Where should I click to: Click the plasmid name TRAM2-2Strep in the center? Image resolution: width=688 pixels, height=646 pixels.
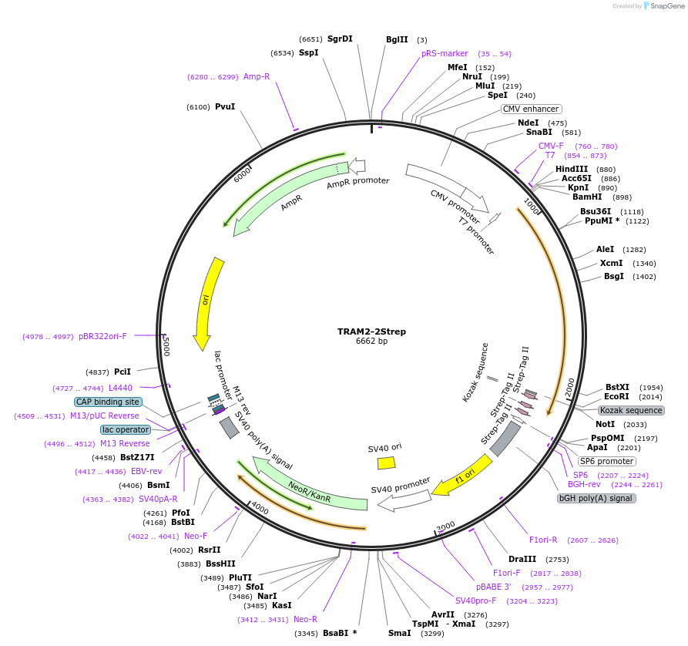pos(371,331)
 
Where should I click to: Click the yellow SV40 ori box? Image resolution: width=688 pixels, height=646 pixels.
pos(386,463)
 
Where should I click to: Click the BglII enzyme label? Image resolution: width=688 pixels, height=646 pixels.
pos(397,39)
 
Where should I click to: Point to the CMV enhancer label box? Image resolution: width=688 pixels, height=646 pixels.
pos(531,109)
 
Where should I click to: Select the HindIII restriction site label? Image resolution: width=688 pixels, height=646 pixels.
pos(572,169)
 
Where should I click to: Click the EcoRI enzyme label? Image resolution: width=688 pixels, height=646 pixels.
pos(617,396)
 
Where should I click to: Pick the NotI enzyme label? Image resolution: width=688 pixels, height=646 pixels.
pos(606,424)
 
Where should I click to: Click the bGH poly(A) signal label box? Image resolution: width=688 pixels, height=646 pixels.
pos(596,498)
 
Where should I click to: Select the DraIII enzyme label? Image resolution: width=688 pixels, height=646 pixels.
pos(522,559)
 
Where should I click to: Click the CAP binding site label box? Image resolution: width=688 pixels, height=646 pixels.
pos(108,402)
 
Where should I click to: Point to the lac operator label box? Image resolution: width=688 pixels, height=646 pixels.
pos(125,429)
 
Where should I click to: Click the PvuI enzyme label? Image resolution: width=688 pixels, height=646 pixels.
pos(225,106)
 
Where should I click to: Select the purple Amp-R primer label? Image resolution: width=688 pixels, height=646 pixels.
pos(257,76)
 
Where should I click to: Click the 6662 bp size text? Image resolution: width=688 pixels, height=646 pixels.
pos(371,342)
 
